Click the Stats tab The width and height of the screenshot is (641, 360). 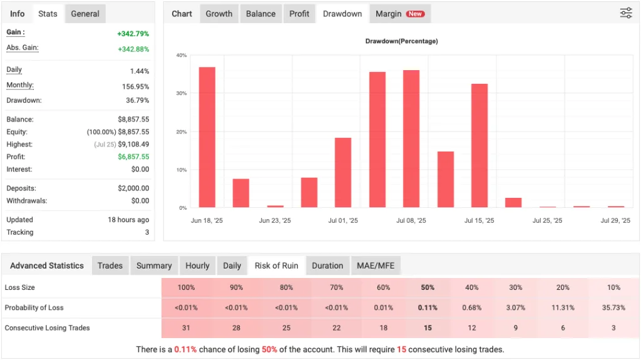click(48, 14)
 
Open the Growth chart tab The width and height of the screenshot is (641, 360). click(219, 14)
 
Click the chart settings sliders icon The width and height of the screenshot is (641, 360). click(626, 13)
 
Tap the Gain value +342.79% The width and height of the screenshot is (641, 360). click(133, 34)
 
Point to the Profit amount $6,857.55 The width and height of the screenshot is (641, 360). click(133, 157)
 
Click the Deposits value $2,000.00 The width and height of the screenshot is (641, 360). click(133, 188)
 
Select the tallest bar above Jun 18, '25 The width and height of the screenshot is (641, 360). click(207, 138)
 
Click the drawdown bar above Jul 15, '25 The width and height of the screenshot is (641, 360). click(479, 145)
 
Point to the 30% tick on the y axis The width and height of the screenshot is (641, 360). click(182, 93)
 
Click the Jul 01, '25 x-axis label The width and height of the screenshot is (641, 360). click(343, 220)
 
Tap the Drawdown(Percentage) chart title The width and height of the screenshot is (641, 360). click(401, 41)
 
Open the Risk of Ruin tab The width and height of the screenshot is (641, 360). click(276, 265)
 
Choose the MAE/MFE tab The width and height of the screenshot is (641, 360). click(375, 265)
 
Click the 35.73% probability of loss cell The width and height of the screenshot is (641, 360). click(613, 307)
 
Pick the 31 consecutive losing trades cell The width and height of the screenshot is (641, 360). click(186, 328)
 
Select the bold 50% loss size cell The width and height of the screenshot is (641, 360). click(428, 287)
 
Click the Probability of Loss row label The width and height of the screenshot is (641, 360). click(34, 307)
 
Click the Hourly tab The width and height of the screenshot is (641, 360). click(197, 265)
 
